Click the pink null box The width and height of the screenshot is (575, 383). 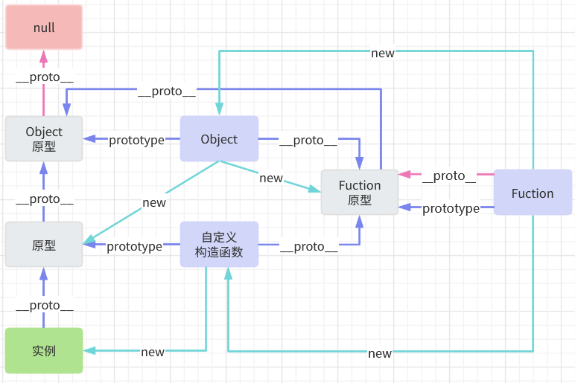(x=44, y=28)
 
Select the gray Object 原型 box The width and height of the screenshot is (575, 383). (x=44, y=139)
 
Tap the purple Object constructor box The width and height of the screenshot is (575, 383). (x=219, y=139)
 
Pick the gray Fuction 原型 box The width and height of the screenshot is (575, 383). (x=360, y=193)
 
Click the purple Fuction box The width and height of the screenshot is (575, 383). (x=533, y=193)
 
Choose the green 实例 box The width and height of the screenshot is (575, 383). (x=44, y=350)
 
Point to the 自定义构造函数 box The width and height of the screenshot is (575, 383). (x=219, y=245)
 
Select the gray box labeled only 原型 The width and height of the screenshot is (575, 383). (x=44, y=245)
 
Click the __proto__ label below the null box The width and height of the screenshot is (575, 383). (x=44, y=77)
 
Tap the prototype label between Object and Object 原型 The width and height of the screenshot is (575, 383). (x=136, y=141)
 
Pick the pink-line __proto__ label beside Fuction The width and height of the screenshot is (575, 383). (x=448, y=176)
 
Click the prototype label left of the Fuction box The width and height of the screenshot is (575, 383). (x=451, y=209)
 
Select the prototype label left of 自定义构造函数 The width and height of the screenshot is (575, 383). (x=134, y=246)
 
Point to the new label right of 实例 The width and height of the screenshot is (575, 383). (x=153, y=352)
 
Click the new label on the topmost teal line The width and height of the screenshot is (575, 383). (x=383, y=53)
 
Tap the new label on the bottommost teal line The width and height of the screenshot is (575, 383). (x=380, y=353)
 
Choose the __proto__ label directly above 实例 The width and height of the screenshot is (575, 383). (x=44, y=306)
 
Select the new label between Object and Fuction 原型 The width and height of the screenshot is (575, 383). (x=271, y=178)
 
